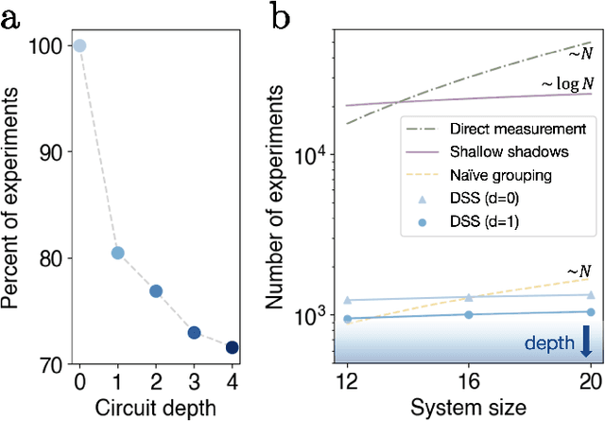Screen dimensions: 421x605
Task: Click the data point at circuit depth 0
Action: (x=79, y=45)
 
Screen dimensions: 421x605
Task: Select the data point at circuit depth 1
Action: (x=117, y=253)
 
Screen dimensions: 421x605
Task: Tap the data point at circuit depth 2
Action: (x=156, y=291)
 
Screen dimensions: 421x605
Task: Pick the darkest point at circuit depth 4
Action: (x=232, y=347)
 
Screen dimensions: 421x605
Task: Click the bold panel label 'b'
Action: (x=282, y=17)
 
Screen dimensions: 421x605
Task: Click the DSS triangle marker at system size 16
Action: (x=470, y=297)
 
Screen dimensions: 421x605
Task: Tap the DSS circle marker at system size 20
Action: (x=592, y=311)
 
